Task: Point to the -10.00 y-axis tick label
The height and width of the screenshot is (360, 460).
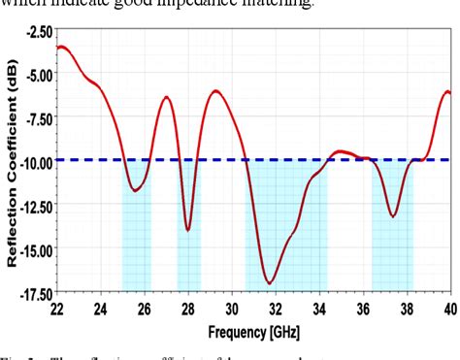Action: point(33,162)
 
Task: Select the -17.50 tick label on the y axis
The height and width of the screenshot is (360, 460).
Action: point(33,292)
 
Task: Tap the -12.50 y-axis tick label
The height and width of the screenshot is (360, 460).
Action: point(33,206)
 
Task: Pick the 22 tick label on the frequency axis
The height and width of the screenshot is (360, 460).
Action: point(56,309)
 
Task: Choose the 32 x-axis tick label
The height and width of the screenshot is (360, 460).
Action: point(275,309)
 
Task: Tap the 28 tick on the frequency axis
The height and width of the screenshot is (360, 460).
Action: point(187,309)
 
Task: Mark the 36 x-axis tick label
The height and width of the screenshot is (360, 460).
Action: point(363,309)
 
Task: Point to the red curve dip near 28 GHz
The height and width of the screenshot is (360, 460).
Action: point(187,230)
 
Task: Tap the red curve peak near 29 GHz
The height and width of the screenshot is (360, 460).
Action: point(215,91)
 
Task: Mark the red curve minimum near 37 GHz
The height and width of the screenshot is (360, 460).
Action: point(393,215)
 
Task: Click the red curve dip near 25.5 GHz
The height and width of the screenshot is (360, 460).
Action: point(136,190)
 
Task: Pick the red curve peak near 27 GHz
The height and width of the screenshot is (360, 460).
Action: point(167,97)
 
